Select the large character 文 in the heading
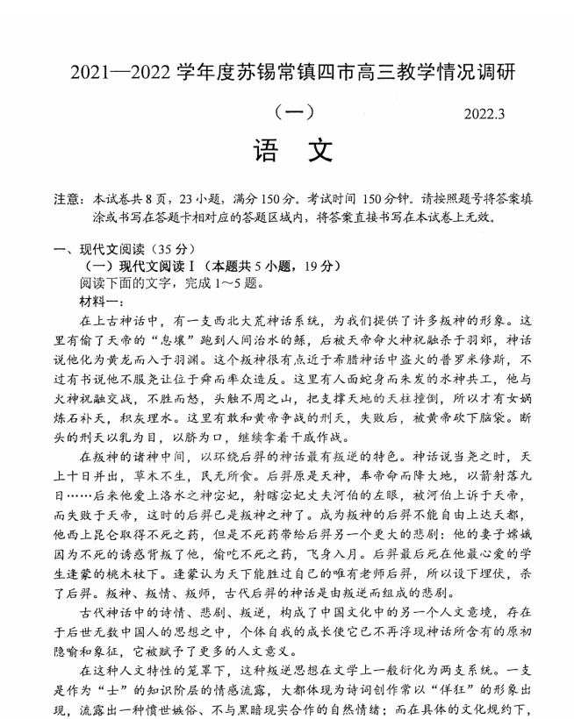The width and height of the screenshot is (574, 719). pyautogui.click(x=319, y=151)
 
